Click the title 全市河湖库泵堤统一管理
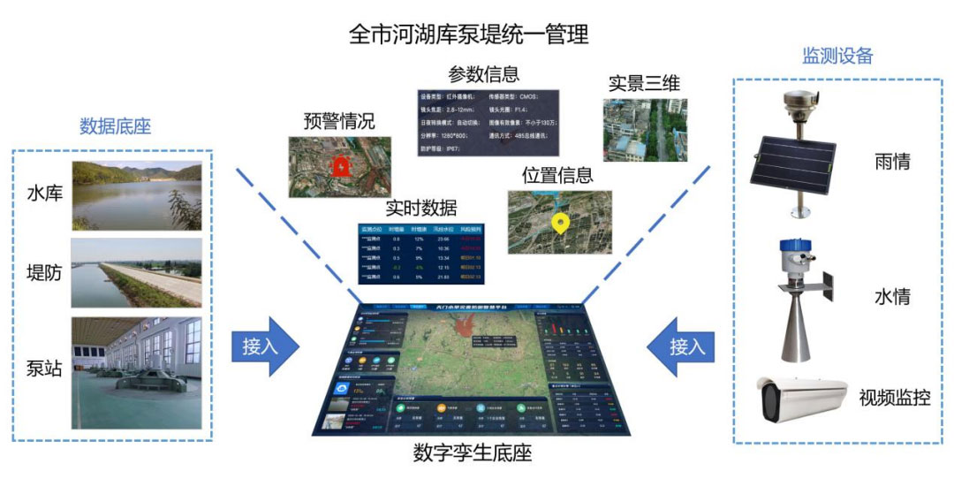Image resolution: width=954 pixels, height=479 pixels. [x=468, y=34]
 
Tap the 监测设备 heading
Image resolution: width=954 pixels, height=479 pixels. [x=837, y=56]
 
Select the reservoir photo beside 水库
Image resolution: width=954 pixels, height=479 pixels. [x=136, y=194]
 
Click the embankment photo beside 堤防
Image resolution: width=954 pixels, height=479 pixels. [x=136, y=272]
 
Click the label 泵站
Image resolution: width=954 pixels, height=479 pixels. [x=44, y=369]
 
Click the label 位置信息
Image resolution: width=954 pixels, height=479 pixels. [x=557, y=175]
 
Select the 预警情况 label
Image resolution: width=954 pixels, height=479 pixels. [x=338, y=121]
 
